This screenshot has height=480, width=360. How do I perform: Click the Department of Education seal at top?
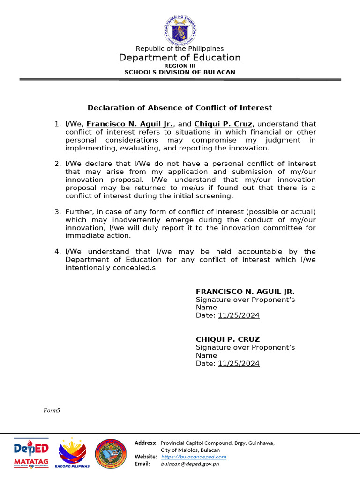(180, 29)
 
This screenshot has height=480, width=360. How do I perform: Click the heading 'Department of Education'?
(180, 58)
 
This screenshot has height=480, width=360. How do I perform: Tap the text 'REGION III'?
(180, 66)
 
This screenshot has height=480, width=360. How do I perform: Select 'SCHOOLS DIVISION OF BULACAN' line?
(180, 72)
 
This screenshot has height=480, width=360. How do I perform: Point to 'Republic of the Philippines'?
(180, 49)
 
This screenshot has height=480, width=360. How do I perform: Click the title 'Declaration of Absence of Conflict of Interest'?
(180, 108)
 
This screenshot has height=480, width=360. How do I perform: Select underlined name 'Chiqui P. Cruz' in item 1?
(224, 124)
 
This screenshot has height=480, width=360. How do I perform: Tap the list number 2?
(57, 164)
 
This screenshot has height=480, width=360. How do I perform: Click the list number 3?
(57, 212)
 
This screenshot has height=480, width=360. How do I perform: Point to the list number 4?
(57, 252)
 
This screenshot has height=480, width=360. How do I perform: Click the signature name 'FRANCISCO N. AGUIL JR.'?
(245, 292)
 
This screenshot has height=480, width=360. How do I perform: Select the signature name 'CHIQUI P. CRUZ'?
(228, 339)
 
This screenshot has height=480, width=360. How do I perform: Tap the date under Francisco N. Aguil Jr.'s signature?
(238, 315)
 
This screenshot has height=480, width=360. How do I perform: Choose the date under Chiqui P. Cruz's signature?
(238, 363)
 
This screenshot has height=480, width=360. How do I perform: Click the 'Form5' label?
(52, 410)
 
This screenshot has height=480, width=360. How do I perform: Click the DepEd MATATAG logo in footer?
(31, 453)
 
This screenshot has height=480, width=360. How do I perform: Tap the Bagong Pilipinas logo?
(72, 453)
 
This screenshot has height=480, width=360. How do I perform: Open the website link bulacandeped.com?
(194, 457)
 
